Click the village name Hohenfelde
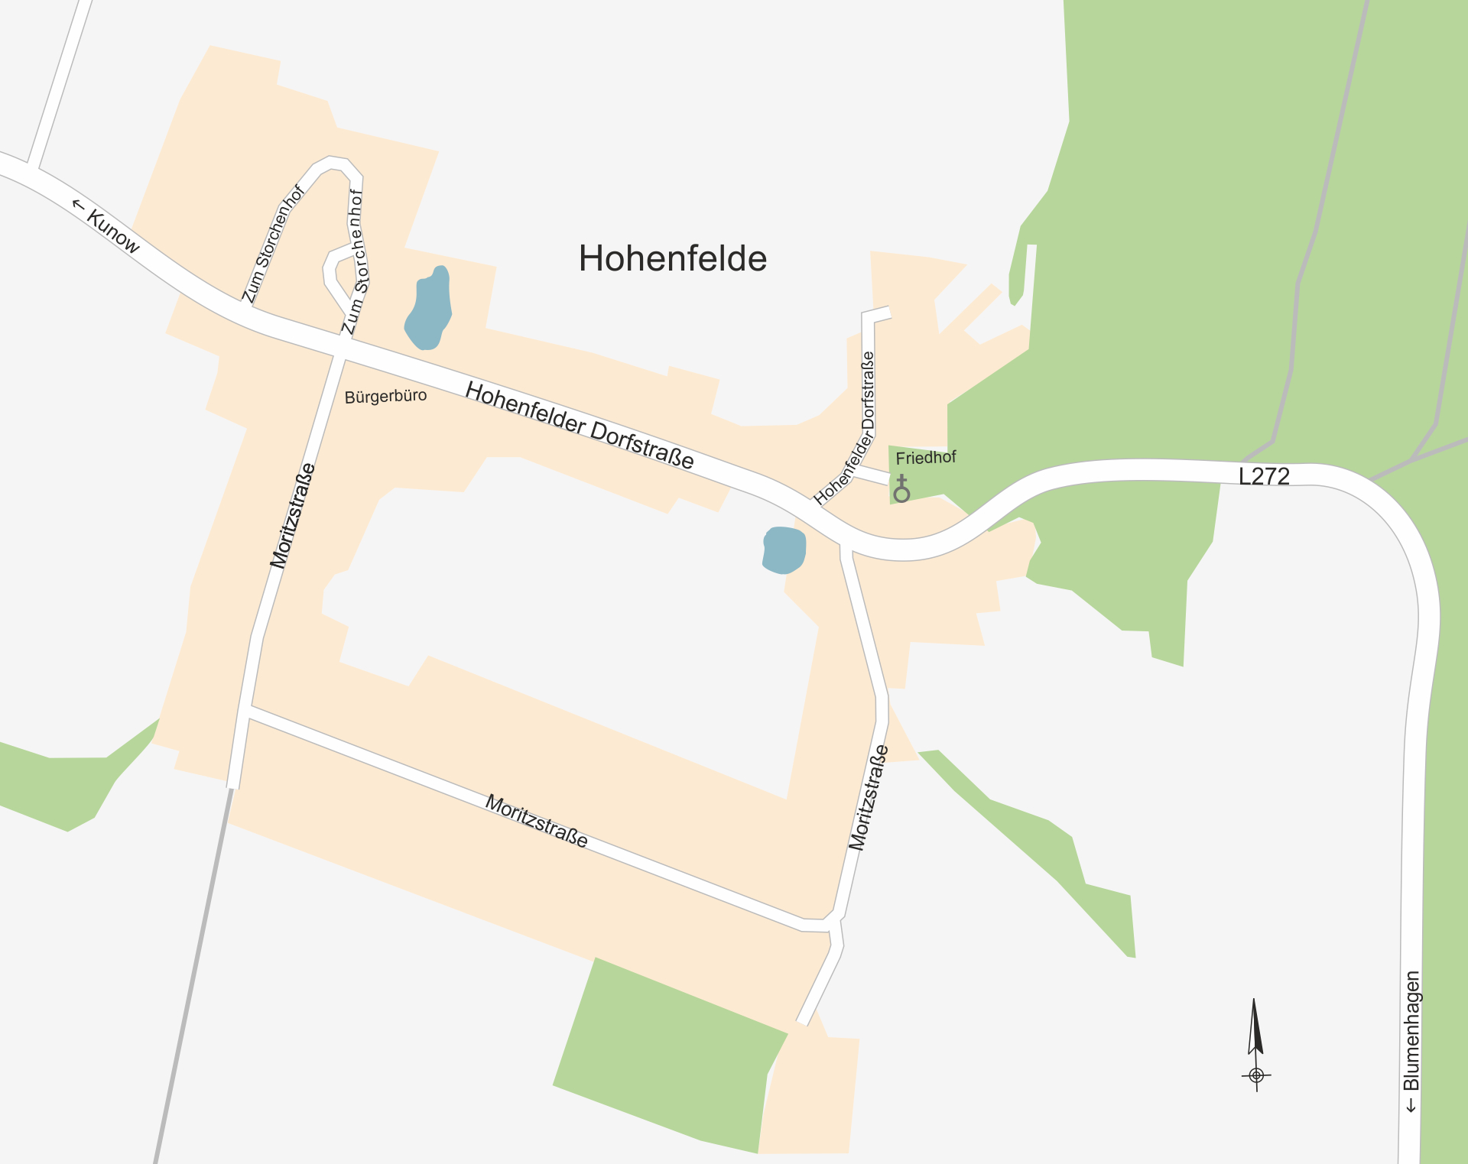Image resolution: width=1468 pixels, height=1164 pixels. [x=673, y=258]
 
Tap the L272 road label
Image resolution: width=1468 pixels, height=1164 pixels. [x=1264, y=476]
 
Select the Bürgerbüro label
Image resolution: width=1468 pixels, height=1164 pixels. [x=385, y=397]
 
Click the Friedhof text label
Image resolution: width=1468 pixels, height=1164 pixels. [x=926, y=458]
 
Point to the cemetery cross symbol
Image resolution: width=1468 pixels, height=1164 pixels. [x=902, y=488]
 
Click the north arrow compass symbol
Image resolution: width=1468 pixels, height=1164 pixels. [x=1255, y=1043]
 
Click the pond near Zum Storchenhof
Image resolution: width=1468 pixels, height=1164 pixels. [x=429, y=310]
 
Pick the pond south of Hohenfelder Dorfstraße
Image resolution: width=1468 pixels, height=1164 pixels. [x=784, y=550]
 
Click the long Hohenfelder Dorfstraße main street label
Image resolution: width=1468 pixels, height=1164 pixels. [x=580, y=425]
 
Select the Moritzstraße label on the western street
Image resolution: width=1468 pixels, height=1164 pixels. [x=293, y=516]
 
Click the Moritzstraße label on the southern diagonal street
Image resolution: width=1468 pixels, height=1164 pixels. [x=537, y=822]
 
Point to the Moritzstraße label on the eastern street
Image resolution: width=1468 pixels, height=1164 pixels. [x=869, y=797]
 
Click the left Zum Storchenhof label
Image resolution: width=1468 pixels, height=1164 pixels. [x=273, y=244]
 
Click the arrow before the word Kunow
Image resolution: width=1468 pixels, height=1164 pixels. [x=77, y=205]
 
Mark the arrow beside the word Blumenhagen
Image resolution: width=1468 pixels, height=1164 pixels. [x=1411, y=1105]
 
